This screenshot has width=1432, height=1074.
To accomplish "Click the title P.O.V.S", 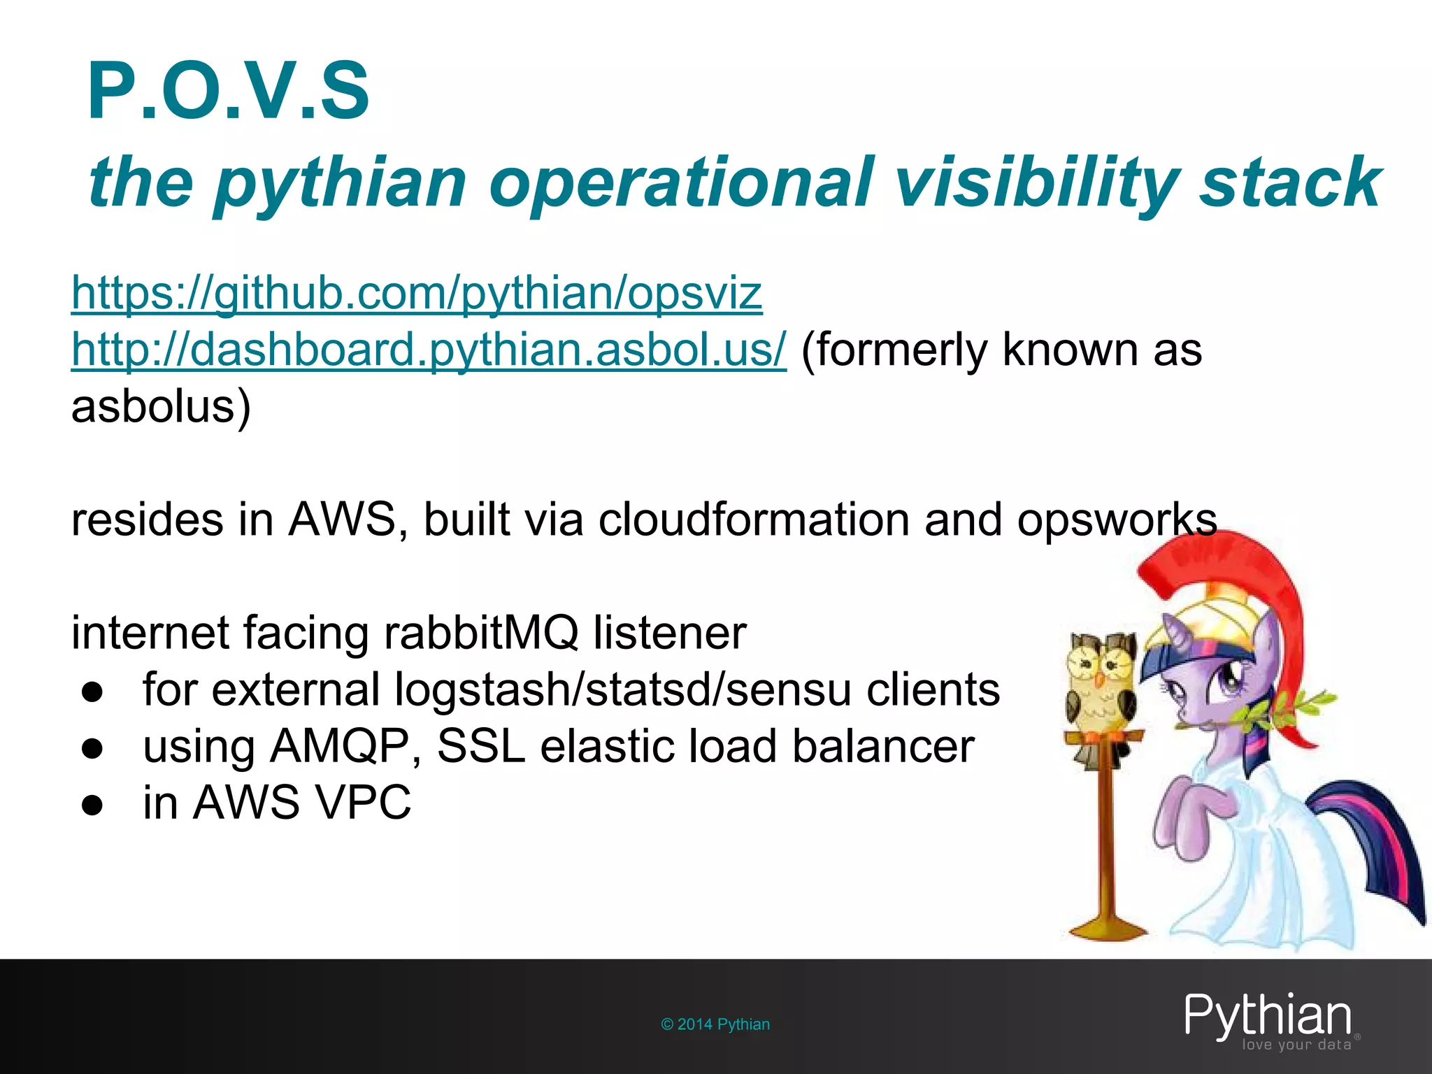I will click(228, 92).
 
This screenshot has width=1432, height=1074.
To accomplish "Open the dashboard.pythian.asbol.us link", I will click(429, 349).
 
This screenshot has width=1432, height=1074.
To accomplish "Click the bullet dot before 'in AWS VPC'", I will click(92, 805).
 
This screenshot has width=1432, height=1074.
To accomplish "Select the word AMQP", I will click(340, 746).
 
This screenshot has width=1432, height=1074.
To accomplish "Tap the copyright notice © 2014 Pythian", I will click(715, 1024).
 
